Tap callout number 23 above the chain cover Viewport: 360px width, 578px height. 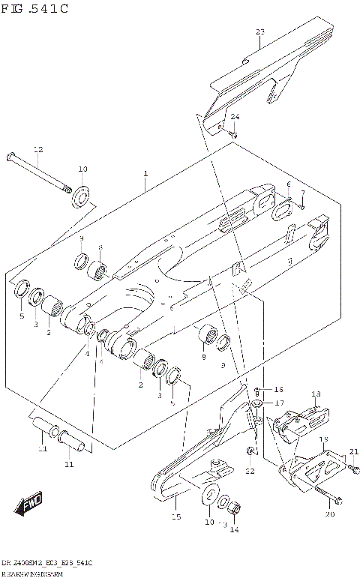pyautogui.click(x=260, y=31)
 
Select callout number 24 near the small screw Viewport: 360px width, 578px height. pyautogui.click(x=235, y=117)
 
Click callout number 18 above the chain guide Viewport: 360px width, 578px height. pyautogui.click(x=316, y=394)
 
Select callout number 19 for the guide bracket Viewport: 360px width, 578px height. pyautogui.click(x=324, y=439)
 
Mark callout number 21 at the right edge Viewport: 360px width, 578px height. pyautogui.click(x=353, y=451)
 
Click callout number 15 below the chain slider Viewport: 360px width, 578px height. pyautogui.click(x=177, y=517)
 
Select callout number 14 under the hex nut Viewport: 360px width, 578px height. pyautogui.click(x=234, y=529)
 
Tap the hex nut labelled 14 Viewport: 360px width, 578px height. pyautogui.click(x=233, y=509)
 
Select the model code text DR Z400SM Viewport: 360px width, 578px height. pyautogui.click(x=30, y=562)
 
